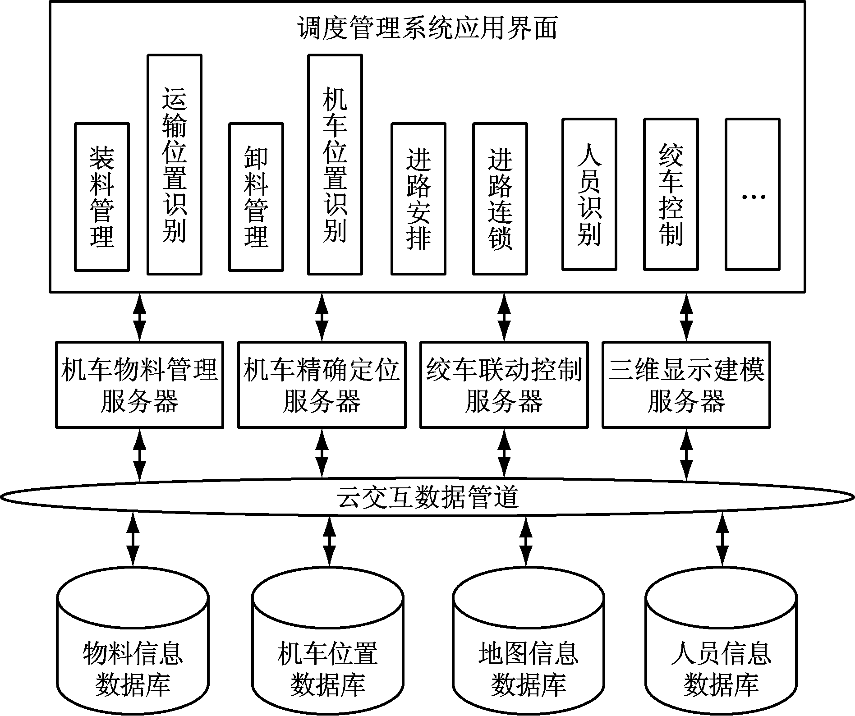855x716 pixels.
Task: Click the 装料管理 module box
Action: [102, 197]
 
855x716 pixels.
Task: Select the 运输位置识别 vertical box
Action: [175, 165]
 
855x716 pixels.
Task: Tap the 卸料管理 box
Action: [256, 197]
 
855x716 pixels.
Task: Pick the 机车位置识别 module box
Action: [335, 165]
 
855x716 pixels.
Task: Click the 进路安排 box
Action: [418, 199]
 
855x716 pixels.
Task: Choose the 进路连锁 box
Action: [500, 199]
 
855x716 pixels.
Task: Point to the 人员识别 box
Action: [589, 194]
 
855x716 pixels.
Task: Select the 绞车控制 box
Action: [671, 194]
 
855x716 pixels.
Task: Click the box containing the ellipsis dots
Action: [753, 194]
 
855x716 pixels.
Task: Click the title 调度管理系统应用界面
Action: [427, 28]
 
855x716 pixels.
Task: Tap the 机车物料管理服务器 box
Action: [140, 385]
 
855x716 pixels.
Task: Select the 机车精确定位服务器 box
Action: [322, 385]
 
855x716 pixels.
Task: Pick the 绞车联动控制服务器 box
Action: [504, 385]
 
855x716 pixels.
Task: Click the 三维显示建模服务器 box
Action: [686, 385]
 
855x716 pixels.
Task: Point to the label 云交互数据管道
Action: [427, 497]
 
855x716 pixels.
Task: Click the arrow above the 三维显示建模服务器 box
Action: [686, 317]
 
